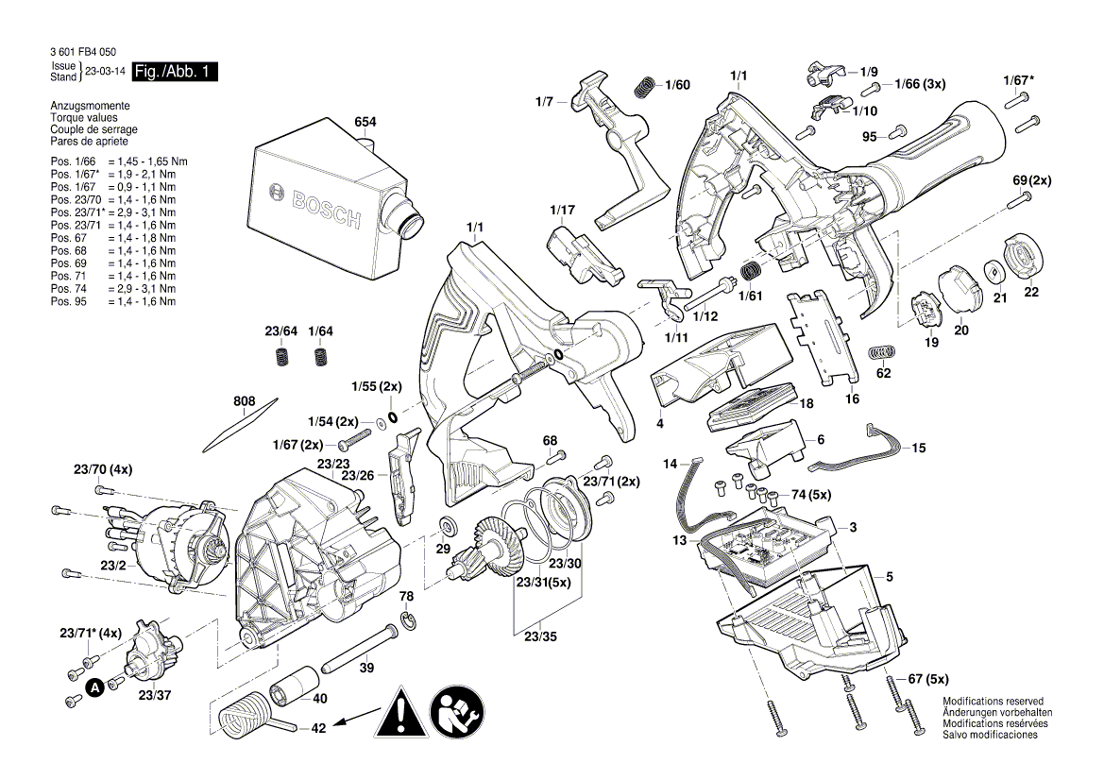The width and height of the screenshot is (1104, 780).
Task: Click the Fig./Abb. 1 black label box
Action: [x=175, y=72]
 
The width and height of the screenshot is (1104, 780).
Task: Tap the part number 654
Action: [x=365, y=123]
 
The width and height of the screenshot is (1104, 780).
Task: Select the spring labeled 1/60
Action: [x=644, y=86]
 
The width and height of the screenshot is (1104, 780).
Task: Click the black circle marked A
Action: [x=94, y=687]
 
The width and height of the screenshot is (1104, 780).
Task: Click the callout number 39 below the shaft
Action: [x=366, y=668]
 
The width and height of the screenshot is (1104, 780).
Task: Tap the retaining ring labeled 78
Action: [x=407, y=619]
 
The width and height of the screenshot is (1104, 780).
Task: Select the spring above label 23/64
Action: [x=281, y=357]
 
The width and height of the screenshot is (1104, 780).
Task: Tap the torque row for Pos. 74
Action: [x=112, y=288]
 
